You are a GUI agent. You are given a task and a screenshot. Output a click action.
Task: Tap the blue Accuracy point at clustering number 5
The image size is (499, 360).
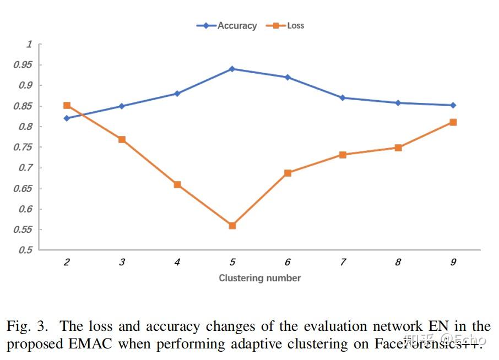click(x=232, y=69)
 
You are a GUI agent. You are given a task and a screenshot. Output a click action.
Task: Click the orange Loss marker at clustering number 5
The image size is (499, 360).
click(x=232, y=226)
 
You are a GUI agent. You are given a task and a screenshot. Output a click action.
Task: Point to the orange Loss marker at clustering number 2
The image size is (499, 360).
click(x=67, y=105)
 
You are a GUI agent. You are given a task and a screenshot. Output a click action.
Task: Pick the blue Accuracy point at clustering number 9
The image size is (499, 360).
click(x=453, y=105)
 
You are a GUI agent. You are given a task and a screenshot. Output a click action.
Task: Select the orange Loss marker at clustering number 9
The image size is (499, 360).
click(x=453, y=122)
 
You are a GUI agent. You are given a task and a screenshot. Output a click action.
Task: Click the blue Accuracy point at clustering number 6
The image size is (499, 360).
click(x=288, y=77)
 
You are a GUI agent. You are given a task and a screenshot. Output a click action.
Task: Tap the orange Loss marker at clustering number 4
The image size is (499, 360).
click(x=177, y=184)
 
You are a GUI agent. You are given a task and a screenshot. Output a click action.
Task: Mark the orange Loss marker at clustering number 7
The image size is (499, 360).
click(x=343, y=155)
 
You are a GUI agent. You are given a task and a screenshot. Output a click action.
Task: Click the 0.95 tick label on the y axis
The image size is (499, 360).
click(x=23, y=65)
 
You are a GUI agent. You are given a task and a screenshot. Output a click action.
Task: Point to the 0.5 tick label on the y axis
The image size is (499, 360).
click(x=25, y=250)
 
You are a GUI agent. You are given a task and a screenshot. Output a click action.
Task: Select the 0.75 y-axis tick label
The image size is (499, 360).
click(x=23, y=148)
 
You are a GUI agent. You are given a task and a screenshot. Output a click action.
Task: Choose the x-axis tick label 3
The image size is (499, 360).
click(x=122, y=263)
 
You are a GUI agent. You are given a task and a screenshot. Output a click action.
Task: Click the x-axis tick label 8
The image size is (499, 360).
click(x=398, y=263)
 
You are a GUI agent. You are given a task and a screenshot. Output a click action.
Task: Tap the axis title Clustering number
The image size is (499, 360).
click(x=259, y=278)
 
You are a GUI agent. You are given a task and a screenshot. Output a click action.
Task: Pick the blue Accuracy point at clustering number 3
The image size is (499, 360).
click(x=122, y=106)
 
